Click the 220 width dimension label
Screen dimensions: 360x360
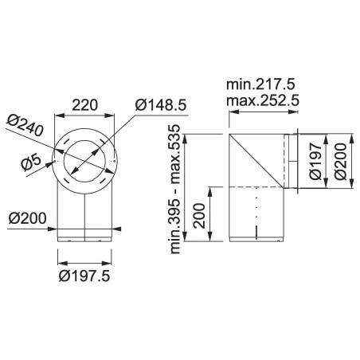(x=83, y=104)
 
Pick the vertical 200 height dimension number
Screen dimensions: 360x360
(x=200, y=214)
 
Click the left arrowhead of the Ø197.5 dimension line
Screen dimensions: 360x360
(x=61, y=258)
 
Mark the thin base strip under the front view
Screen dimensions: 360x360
(x=84, y=237)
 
